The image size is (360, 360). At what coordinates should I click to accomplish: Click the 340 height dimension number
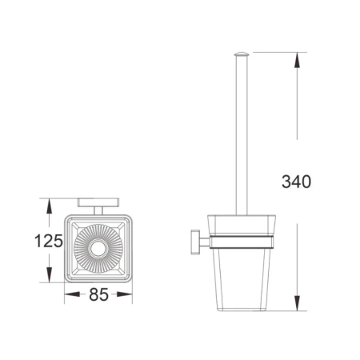coord(296,182)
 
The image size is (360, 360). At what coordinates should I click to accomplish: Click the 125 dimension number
coord(49,241)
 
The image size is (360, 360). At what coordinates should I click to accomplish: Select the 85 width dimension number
coord(98,294)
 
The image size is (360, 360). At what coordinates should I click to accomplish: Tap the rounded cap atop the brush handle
coord(242,54)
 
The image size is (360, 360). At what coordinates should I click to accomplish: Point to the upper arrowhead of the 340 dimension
coord(297,60)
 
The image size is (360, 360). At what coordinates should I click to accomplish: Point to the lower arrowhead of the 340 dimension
coord(297,303)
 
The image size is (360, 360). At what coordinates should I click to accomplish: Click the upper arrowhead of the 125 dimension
coord(49,206)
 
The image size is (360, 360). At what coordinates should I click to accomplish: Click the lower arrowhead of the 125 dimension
coord(49,274)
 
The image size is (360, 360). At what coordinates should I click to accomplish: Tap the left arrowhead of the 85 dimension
coord(72,294)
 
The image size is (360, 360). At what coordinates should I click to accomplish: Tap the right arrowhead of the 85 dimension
coord(125,294)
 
